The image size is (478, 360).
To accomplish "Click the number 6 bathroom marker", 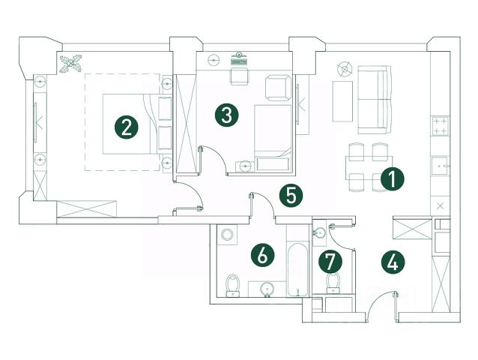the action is (261, 255).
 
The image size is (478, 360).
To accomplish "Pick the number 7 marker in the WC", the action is (329, 262).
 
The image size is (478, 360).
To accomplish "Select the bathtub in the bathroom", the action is (297, 268).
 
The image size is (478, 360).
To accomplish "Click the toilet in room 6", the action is (232, 285).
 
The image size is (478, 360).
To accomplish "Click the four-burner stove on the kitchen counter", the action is (441, 127).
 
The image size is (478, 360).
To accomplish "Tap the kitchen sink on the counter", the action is (441, 163).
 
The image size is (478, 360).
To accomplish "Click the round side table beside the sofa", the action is (344, 69).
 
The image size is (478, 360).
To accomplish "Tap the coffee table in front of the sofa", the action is (342, 100).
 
